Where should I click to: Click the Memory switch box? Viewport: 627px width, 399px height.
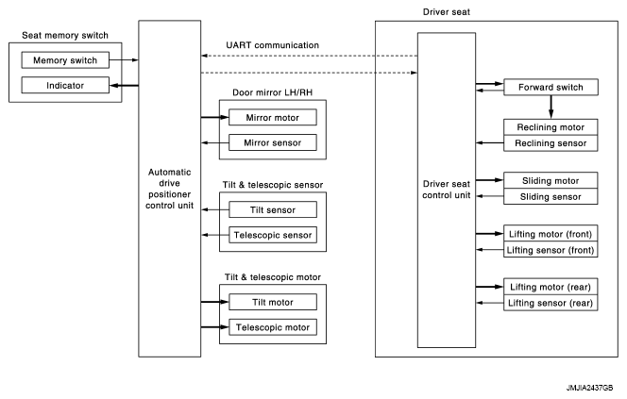pos(64,60)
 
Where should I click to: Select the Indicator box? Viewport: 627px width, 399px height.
pos(64,86)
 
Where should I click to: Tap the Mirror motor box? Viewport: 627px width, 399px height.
pos(272,118)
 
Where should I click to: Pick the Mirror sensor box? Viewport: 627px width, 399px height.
pos(272,142)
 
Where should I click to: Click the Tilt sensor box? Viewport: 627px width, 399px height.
pos(272,209)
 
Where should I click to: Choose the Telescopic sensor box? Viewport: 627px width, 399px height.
pos(272,234)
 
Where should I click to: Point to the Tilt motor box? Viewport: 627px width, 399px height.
pos(272,302)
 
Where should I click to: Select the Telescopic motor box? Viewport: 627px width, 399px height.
pos(272,327)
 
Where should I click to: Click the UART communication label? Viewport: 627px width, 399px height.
pos(272,45)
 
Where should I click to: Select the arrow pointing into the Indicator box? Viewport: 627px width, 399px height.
pos(122,86)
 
